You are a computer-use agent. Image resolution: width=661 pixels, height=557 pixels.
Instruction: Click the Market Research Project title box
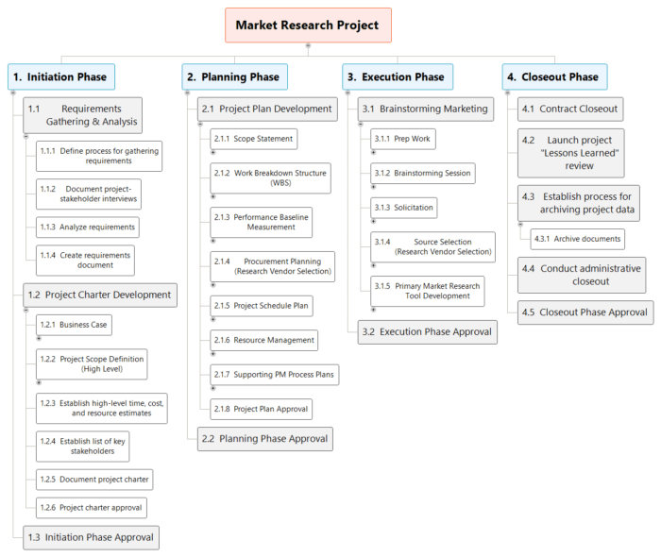[x=307, y=25]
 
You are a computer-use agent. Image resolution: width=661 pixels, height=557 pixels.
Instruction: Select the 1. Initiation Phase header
[x=62, y=76]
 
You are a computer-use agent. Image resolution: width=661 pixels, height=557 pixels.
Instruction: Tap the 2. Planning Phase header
[x=234, y=76]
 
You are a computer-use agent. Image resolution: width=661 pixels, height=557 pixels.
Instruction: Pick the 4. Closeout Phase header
[x=554, y=76]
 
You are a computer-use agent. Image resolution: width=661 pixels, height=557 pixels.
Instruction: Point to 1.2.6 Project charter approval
[x=93, y=508]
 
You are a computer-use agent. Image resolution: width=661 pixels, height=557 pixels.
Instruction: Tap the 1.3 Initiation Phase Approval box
[x=91, y=537]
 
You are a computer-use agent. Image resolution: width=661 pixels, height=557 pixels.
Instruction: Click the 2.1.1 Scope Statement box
[x=253, y=139]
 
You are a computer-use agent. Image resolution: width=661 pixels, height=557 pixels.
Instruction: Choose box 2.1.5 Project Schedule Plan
[x=261, y=306]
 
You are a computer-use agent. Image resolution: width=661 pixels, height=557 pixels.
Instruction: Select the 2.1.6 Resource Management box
[x=263, y=340]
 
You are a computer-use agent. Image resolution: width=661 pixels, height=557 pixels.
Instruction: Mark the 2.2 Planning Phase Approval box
[x=265, y=438]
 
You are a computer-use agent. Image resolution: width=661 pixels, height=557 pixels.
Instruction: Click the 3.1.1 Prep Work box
[x=401, y=139]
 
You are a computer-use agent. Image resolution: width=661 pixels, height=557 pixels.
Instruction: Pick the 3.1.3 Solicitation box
[x=403, y=207]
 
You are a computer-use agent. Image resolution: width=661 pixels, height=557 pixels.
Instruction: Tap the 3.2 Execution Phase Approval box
[x=426, y=332]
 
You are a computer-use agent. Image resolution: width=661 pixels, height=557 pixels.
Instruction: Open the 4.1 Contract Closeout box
[x=570, y=109]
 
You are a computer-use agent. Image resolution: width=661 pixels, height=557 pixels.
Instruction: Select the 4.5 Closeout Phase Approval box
[x=585, y=312]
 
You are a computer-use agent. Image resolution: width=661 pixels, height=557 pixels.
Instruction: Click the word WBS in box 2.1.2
[x=280, y=183]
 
